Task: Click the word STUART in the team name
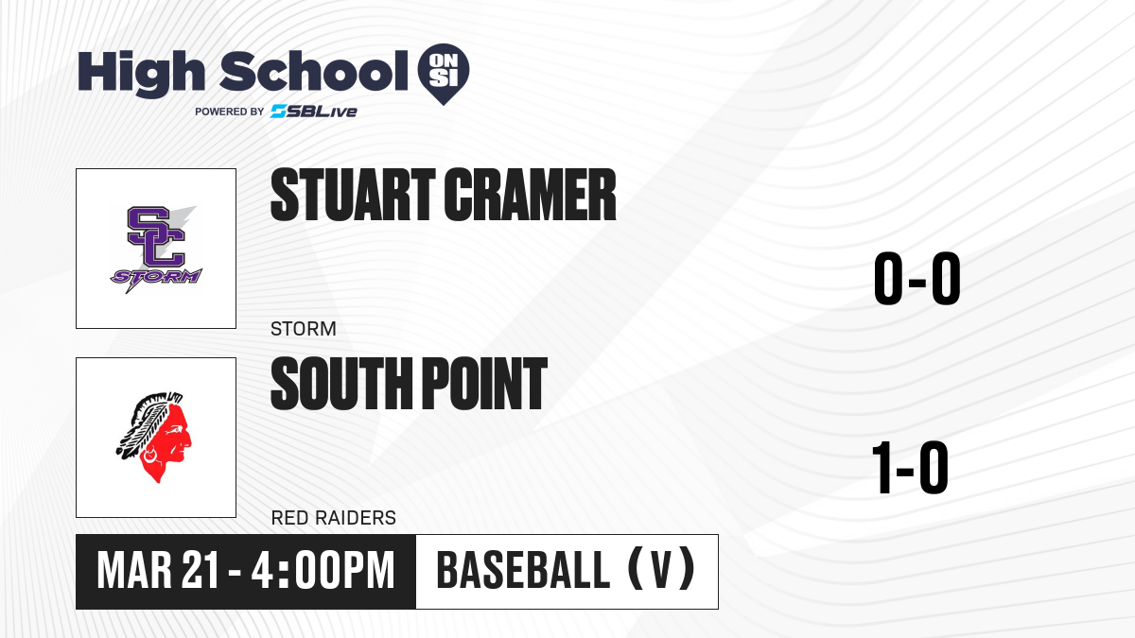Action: click(x=353, y=195)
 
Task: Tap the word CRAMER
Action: click(x=530, y=195)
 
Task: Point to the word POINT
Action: click(x=484, y=383)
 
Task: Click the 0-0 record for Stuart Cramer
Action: click(x=917, y=278)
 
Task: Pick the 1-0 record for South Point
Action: click(x=910, y=467)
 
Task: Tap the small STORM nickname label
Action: click(x=303, y=329)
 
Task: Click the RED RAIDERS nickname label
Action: click(x=333, y=518)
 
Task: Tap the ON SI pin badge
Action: click(x=444, y=74)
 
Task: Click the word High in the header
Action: click(x=141, y=74)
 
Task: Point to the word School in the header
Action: click(x=314, y=72)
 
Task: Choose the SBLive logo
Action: click(x=314, y=112)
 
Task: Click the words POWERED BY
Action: click(x=230, y=112)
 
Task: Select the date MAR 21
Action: click(x=159, y=571)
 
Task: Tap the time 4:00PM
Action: click(x=323, y=571)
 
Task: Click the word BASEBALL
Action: click(x=523, y=571)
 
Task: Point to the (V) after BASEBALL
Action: click(x=661, y=571)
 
